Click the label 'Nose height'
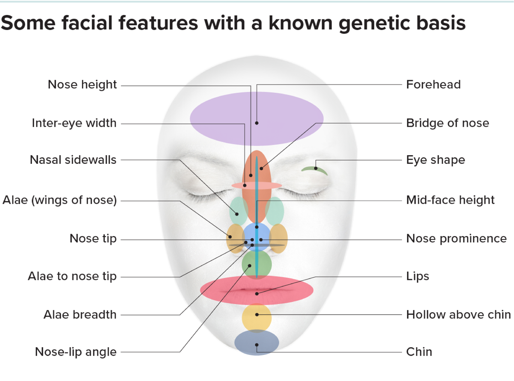pyautogui.click(x=82, y=85)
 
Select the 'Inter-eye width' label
pyautogui.click(x=74, y=123)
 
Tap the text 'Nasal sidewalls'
pyautogui.click(x=73, y=160)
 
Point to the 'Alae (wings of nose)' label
pyautogui.click(x=60, y=200)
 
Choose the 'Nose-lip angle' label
pyautogui.click(x=75, y=352)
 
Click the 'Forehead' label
pyautogui.click(x=433, y=85)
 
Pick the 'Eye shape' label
pyautogui.click(x=435, y=160)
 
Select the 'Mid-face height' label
pyautogui.click(x=450, y=200)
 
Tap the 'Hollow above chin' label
pyautogui.click(x=458, y=315)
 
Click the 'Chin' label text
pyautogui.click(x=419, y=352)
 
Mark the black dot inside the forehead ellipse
pyautogui.click(x=257, y=123)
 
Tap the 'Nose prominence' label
pyautogui.click(x=456, y=238)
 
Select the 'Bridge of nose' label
pyautogui.click(x=447, y=123)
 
